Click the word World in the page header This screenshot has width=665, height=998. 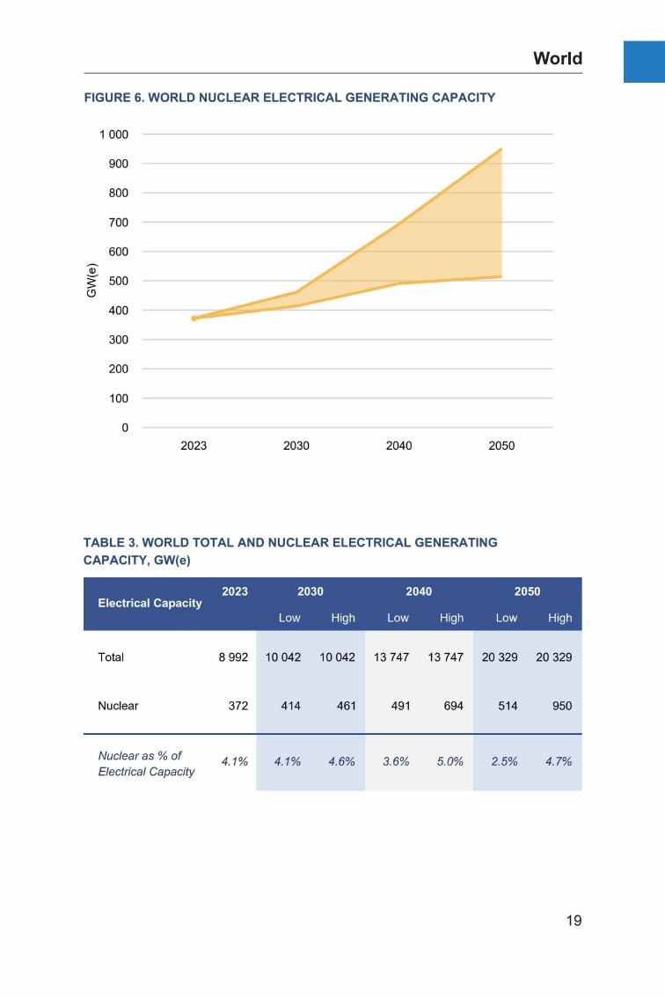(558, 59)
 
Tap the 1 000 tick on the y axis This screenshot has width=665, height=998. (113, 135)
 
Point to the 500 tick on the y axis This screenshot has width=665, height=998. (119, 281)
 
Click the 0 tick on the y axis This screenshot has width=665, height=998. (124, 428)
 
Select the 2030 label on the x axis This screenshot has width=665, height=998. (296, 446)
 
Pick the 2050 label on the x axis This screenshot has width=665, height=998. (501, 446)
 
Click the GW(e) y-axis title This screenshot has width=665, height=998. (91, 281)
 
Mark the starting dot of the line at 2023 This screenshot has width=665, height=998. (194, 318)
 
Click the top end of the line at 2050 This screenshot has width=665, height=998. (501, 150)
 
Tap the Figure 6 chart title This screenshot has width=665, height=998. (289, 98)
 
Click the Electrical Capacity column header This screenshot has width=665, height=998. (150, 603)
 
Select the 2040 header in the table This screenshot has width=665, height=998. (419, 591)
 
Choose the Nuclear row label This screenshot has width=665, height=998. (118, 706)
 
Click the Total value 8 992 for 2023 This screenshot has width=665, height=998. (233, 657)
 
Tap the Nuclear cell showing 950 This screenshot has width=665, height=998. (560, 706)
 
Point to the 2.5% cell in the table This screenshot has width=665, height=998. (505, 761)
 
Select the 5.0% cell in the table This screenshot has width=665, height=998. (450, 761)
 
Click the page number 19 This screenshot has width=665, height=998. (573, 921)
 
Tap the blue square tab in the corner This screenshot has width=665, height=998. (644, 62)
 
